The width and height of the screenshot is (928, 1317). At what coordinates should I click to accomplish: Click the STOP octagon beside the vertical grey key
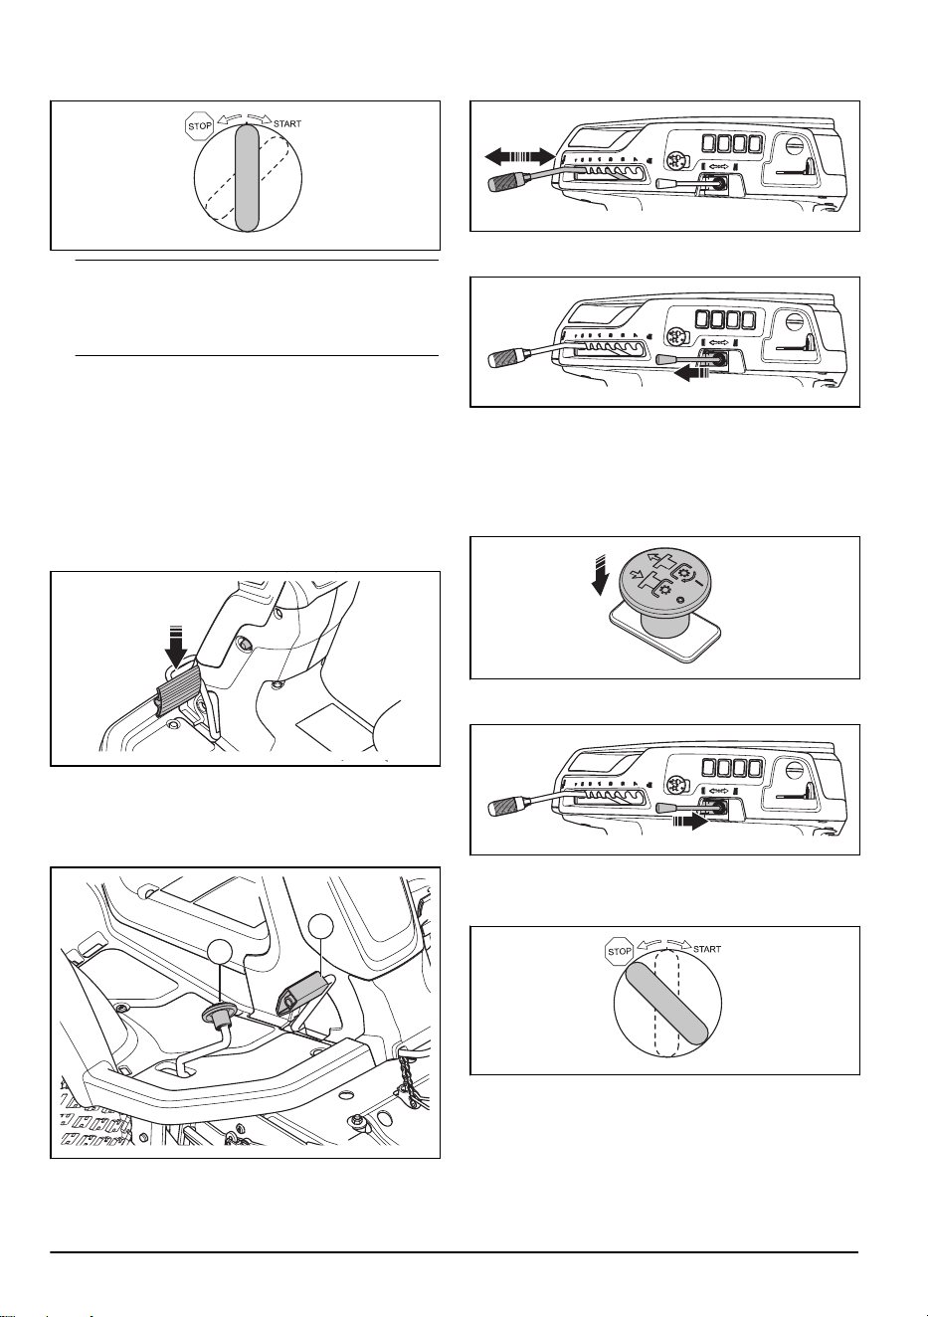point(199,125)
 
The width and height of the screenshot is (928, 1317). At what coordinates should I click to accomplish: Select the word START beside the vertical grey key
point(287,124)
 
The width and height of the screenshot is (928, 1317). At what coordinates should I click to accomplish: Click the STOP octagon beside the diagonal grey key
point(619,951)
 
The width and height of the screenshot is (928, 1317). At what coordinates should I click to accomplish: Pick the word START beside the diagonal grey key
point(707,949)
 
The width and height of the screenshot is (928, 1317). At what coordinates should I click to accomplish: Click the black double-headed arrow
point(519,156)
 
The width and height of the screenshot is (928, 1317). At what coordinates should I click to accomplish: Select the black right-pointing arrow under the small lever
point(690,822)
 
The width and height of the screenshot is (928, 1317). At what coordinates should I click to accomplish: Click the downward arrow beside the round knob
point(599,576)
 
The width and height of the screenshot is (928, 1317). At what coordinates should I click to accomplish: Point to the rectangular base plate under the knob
point(665,637)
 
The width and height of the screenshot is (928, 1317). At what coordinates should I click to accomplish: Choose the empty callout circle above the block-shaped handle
point(320,925)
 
